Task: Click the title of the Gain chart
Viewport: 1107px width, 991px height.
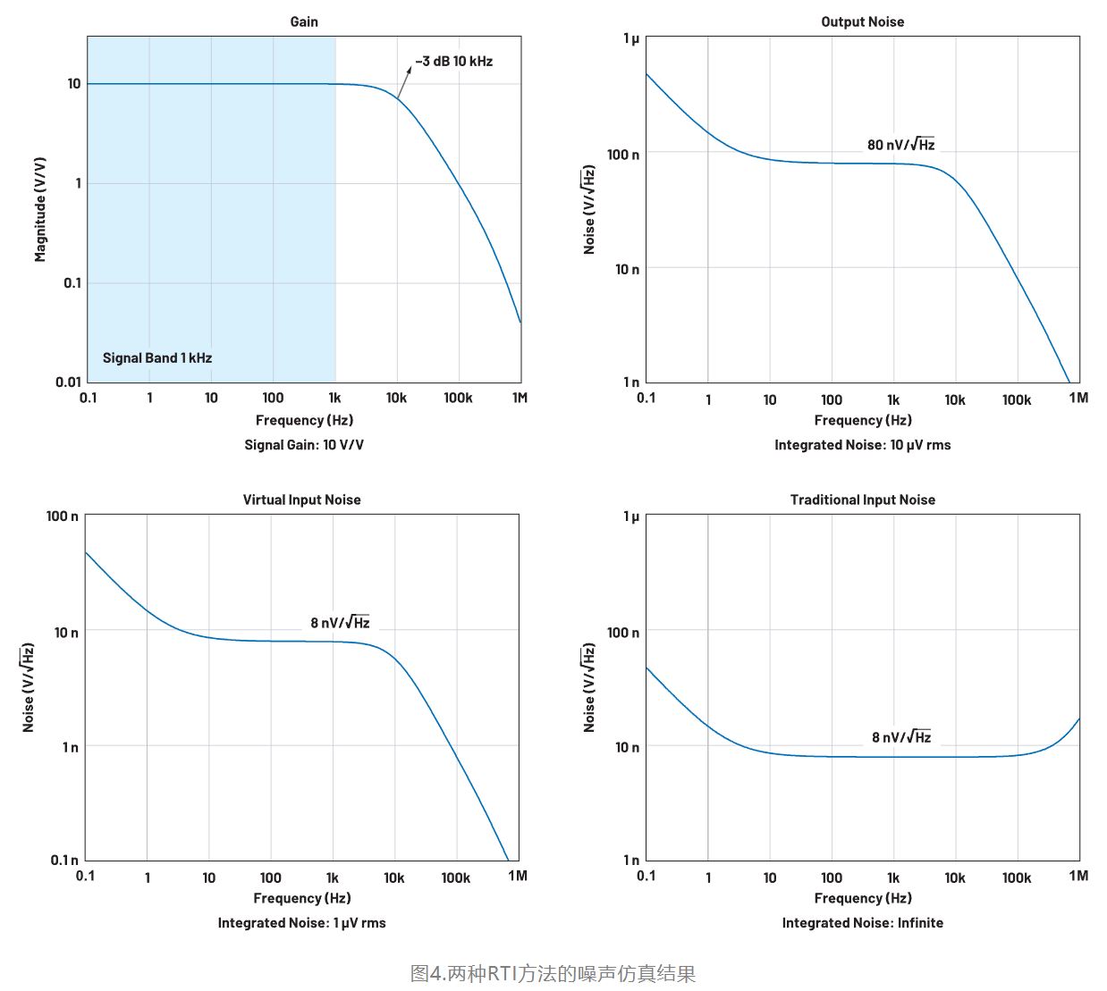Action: tap(304, 21)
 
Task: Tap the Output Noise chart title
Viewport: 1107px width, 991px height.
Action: tap(862, 21)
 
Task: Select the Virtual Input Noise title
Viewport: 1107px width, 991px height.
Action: tap(301, 500)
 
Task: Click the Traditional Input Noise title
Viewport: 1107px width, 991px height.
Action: tap(862, 500)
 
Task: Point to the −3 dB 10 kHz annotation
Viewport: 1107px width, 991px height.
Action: tap(454, 61)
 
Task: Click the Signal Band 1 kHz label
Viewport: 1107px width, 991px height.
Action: tap(157, 357)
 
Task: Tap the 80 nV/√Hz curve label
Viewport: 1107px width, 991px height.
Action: tap(900, 144)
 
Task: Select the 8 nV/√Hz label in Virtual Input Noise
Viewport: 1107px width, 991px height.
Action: tap(340, 622)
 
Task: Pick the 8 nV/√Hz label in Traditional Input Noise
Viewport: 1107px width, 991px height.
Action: tap(901, 736)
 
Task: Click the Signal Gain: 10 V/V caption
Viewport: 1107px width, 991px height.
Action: tap(304, 445)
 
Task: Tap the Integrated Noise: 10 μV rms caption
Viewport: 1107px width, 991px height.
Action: tap(862, 445)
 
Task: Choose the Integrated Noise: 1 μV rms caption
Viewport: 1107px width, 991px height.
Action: tap(301, 923)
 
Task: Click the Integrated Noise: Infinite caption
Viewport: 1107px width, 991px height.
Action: tap(862, 923)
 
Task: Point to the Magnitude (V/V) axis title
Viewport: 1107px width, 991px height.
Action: tap(40, 209)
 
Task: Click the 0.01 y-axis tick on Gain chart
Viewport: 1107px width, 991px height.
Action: tap(68, 382)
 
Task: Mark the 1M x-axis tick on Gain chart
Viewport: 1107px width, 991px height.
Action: tap(520, 398)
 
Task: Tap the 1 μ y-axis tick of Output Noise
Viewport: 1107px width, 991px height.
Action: tap(631, 38)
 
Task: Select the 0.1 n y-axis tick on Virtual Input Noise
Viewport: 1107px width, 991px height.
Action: tap(63, 860)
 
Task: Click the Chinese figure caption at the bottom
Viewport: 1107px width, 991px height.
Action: tap(553, 973)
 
